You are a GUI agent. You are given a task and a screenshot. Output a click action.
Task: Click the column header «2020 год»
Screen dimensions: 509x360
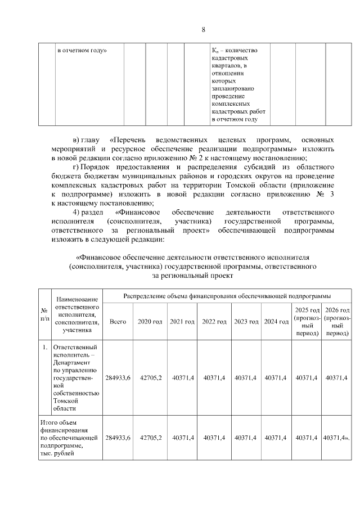point(150,322)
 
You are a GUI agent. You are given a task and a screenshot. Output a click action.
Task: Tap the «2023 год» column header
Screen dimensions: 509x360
point(246,322)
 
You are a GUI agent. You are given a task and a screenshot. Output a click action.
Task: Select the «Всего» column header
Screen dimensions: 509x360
point(118,322)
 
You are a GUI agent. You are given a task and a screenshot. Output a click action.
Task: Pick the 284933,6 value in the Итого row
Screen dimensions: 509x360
point(118,437)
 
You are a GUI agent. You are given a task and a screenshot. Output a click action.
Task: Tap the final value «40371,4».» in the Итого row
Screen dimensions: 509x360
point(337,437)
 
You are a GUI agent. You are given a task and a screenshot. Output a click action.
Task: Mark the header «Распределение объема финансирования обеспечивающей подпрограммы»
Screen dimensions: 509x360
point(227,295)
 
